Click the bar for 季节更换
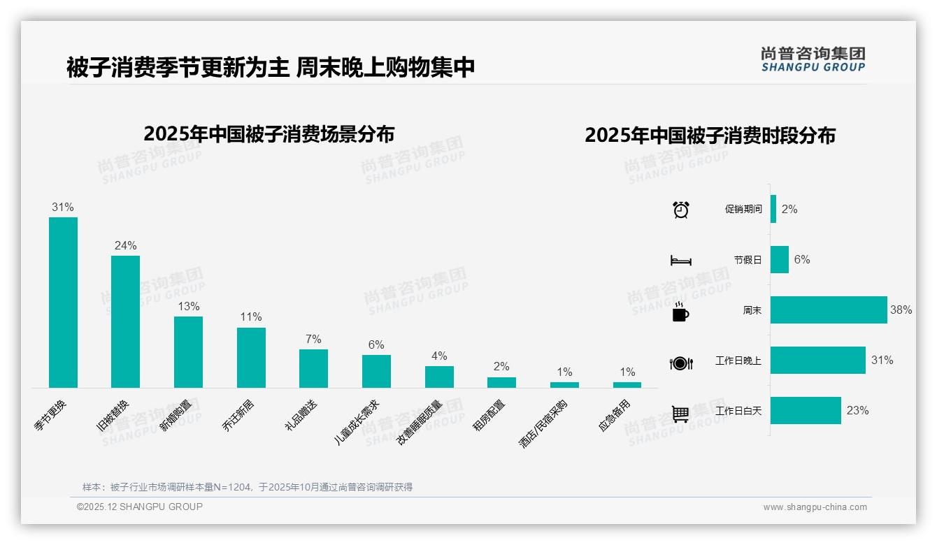pos(63,303)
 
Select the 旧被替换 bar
pos(125,321)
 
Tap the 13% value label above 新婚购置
pos(188,306)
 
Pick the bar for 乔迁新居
pos(251,358)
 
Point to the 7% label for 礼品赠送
pos(313,339)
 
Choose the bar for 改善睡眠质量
pos(439,377)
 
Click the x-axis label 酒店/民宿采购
pos(543,423)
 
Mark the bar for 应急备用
pos(627,385)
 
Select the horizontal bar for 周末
pos(829,310)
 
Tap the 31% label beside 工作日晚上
pos(882,361)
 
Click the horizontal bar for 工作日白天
pos(806,411)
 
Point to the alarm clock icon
pos(680,210)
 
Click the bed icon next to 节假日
pos(680,261)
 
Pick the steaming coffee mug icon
pos(680,312)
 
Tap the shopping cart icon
pos(680,414)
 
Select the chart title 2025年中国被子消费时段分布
pos(710,136)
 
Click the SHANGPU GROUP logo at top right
pos(813,59)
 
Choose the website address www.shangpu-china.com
pos(815,507)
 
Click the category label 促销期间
pos(743,210)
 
